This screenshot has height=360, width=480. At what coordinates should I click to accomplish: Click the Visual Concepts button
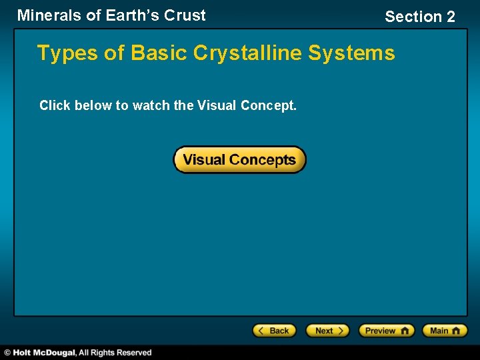coord(239,160)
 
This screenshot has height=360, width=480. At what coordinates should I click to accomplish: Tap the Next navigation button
coord(327,331)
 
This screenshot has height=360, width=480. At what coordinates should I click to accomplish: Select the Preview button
coord(386,331)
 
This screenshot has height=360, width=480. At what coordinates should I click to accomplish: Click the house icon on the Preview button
coord(405,331)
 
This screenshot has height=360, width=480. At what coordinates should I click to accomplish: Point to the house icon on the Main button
coord(457,331)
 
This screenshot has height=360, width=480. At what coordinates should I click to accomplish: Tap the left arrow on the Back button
coord(262,331)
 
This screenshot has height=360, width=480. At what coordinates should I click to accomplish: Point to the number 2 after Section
coord(450,17)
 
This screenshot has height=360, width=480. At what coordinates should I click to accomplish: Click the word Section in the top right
coord(413,17)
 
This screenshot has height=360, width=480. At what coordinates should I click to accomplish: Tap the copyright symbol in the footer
coord(7,353)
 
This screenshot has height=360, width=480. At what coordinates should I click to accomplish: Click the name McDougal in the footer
coord(55,353)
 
